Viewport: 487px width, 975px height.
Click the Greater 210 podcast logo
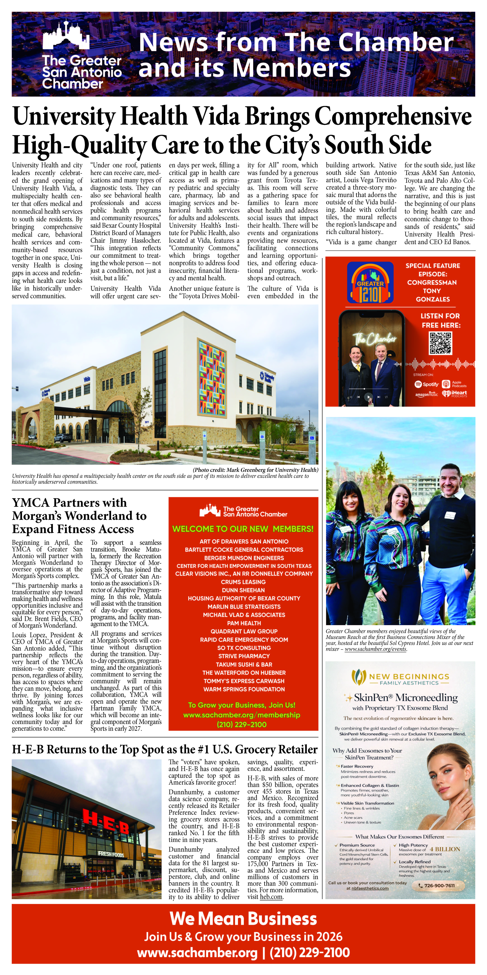370,282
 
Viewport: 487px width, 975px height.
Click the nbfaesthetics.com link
370,888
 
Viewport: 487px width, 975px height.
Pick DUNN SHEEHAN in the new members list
243,590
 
